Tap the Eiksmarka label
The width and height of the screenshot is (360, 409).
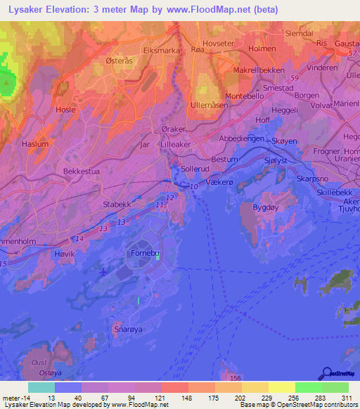(162, 51)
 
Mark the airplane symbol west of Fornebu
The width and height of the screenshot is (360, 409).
(105, 271)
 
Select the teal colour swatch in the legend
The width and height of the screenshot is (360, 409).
(41, 387)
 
